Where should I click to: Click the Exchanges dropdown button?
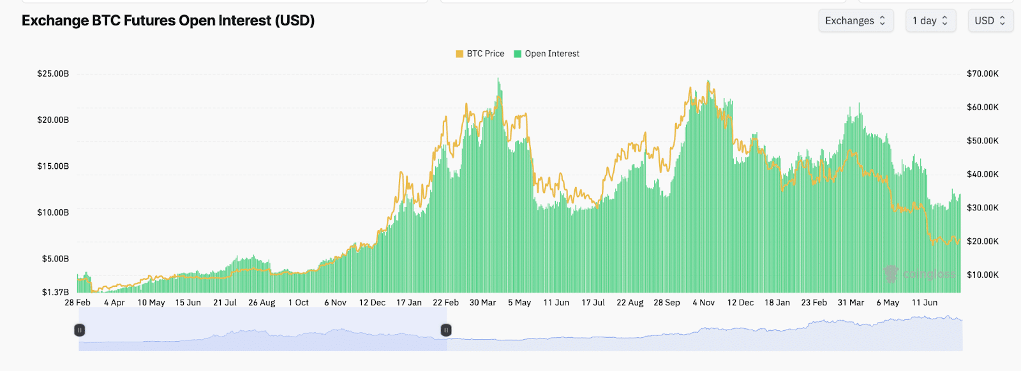click(855, 20)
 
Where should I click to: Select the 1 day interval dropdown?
click(930, 20)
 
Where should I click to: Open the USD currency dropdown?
click(990, 20)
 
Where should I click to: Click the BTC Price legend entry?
click(480, 54)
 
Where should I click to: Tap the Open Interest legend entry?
click(547, 54)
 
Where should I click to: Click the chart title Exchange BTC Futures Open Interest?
click(168, 20)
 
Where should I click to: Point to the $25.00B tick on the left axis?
click(53, 74)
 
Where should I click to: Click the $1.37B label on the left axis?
click(56, 292)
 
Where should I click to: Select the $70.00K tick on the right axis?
click(983, 74)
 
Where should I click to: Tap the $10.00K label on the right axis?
click(983, 275)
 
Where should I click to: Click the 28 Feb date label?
click(78, 303)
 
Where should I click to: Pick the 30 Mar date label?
click(482, 303)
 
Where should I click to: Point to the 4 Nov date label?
click(703, 303)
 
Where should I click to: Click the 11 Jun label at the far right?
click(925, 303)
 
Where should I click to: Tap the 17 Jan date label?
click(409, 303)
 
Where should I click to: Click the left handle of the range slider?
click(80, 330)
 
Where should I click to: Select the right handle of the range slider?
click(446, 330)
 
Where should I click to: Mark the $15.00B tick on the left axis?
click(53, 166)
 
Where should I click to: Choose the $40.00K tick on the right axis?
click(983, 174)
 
